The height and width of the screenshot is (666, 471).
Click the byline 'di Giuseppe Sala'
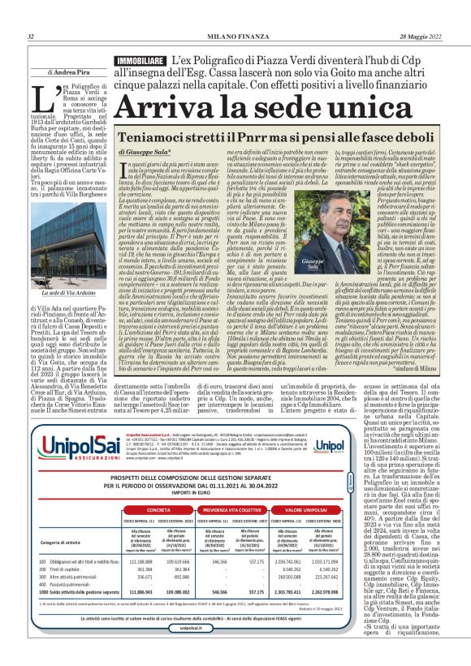coord(143,152)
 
